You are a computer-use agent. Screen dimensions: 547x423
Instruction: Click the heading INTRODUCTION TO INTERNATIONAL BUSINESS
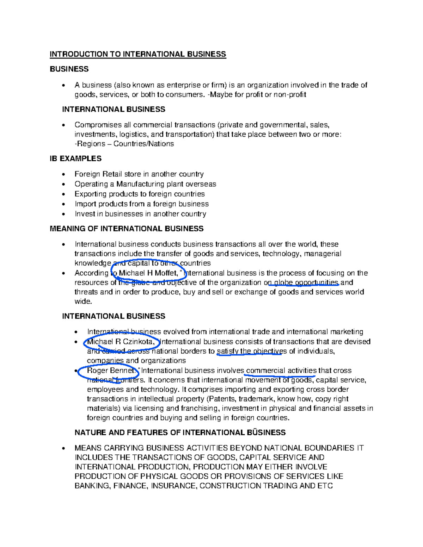tap(138, 54)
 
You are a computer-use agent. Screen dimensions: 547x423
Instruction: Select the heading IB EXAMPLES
tap(75, 159)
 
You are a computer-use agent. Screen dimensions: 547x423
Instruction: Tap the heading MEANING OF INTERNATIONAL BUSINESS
tap(127, 229)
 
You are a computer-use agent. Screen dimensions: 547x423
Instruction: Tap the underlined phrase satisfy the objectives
tap(252, 352)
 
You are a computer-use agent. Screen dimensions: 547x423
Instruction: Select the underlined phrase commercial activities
tap(281, 371)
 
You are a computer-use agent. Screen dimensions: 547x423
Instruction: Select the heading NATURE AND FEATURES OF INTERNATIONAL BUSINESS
tap(180, 433)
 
